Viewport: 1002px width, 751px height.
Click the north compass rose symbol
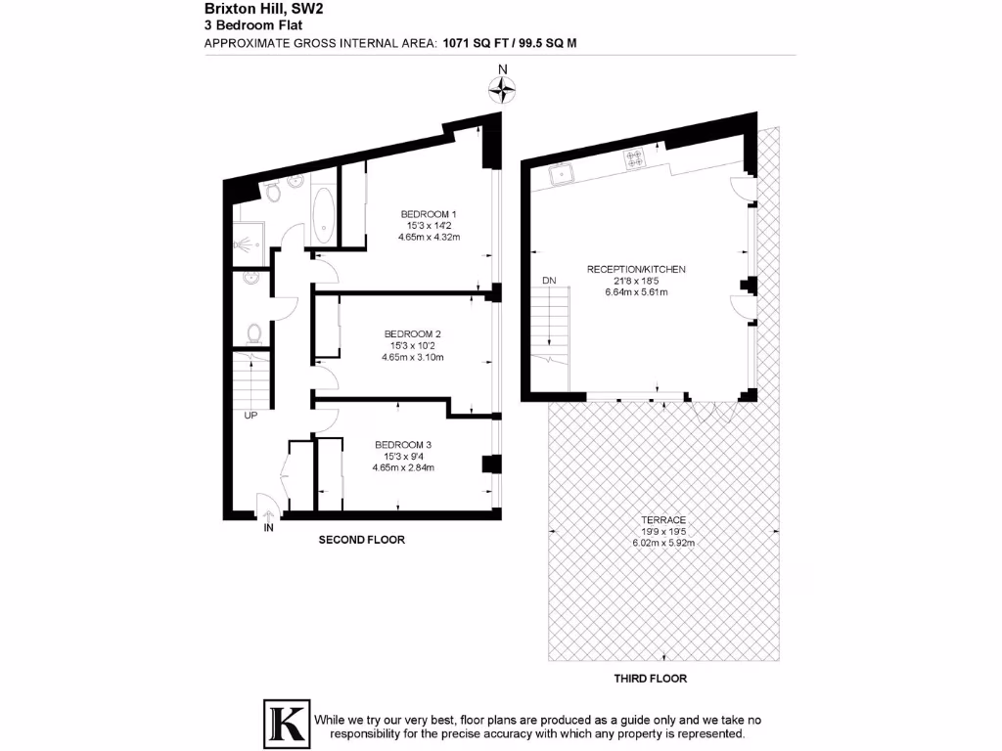click(502, 91)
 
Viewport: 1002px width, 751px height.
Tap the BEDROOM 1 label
click(430, 214)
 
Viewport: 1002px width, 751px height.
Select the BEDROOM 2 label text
click(412, 333)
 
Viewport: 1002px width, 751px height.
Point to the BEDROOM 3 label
click(403, 445)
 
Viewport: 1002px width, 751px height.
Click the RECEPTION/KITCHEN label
click(636, 269)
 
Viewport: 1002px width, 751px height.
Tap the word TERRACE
click(663, 520)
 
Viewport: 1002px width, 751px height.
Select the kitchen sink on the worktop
click(562, 175)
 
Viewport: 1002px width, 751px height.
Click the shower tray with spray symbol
click(243, 238)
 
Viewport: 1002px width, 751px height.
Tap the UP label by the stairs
click(250, 416)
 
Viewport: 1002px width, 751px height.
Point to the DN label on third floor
click(549, 282)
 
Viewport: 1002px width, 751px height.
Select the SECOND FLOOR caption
click(362, 540)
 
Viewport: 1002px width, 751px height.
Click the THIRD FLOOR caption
click(650, 679)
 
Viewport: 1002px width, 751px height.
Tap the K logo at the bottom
click(286, 725)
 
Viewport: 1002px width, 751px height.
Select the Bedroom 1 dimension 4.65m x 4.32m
click(430, 238)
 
